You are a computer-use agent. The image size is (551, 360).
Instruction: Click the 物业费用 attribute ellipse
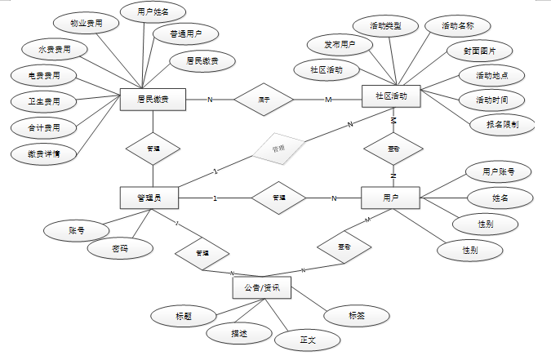click(x=87, y=24)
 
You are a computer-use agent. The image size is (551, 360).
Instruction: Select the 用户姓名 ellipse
click(x=152, y=11)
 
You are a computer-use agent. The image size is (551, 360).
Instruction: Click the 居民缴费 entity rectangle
click(x=152, y=100)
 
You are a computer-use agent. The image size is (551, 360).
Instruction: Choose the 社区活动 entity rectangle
click(x=390, y=97)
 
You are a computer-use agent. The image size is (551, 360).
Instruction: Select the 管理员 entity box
click(x=149, y=198)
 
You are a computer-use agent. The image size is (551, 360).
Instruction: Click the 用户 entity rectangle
click(x=390, y=198)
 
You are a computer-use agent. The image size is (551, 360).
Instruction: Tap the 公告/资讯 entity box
click(x=262, y=287)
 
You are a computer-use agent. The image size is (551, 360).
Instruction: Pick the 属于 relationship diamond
click(x=264, y=100)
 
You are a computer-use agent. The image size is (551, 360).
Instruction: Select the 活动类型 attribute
click(x=385, y=26)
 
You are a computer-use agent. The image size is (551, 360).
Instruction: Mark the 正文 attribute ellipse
click(x=307, y=338)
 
